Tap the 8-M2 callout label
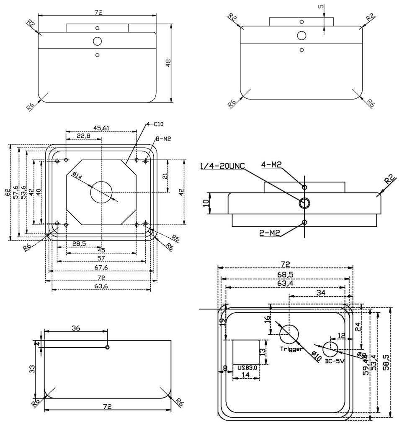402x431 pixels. (x=163, y=139)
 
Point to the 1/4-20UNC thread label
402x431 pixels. (x=222, y=167)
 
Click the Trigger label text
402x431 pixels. (x=291, y=349)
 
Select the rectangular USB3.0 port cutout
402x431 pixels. (x=246, y=351)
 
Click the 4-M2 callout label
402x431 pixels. (x=271, y=164)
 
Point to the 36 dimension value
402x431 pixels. (x=75, y=328)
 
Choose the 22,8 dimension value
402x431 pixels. (x=84, y=136)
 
